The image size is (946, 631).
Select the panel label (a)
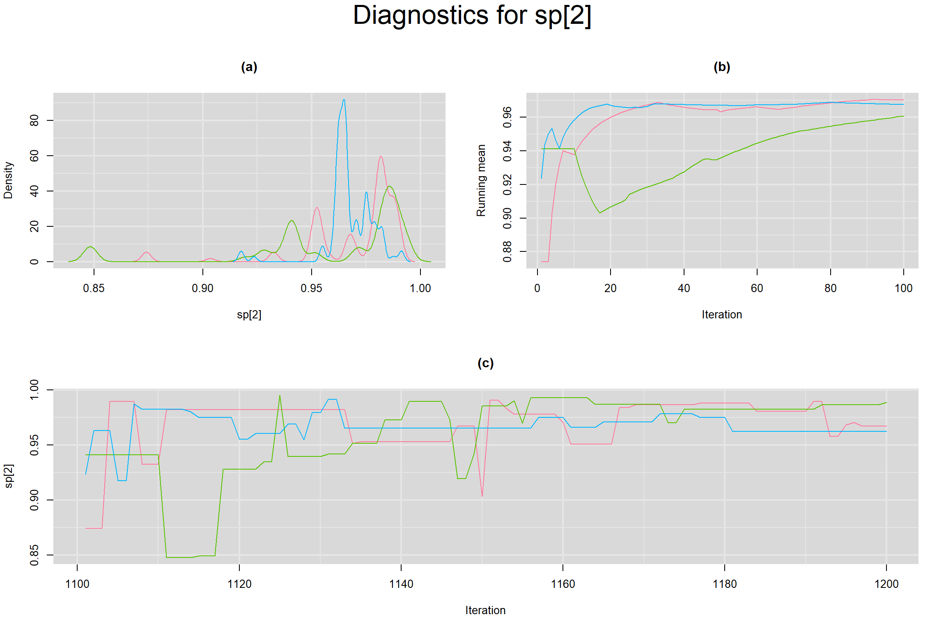pos(249,67)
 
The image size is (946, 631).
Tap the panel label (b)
pos(722,67)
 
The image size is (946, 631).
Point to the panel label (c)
pos(485,363)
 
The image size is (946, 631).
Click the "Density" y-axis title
pos(8,180)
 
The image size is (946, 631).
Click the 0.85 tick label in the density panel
pos(94,288)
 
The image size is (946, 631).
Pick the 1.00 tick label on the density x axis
pos(420,288)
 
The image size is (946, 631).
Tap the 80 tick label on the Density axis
pos(34,120)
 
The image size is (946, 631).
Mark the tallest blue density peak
pos(344,100)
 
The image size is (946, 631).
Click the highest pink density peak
pos(381,157)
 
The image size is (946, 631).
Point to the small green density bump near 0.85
pos(90,247)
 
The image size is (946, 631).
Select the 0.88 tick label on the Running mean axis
pos(507,251)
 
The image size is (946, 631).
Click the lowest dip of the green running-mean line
pos(600,212)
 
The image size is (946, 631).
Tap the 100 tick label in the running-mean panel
pos(903,288)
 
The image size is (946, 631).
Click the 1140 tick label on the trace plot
pos(401,584)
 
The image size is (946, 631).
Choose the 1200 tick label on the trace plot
pos(886,584)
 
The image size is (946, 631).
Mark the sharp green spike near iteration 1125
pos(280,396)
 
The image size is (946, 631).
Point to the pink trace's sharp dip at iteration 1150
pos(482,496)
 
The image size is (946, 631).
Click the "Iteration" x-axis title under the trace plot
pos(485,610)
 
